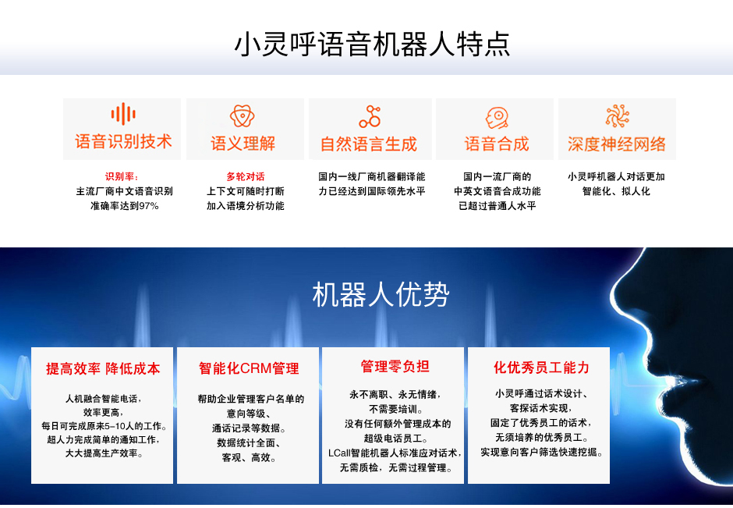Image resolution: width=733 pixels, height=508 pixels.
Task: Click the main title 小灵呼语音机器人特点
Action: pos(372,44)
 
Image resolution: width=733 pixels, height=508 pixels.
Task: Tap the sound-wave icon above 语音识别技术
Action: pos(123,114)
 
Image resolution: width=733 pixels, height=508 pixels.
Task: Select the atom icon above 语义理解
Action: pos(243,115)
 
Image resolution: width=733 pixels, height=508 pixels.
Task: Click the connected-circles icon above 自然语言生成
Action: pos(370,116)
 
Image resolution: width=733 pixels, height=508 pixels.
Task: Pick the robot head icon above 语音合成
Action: pos(497,117)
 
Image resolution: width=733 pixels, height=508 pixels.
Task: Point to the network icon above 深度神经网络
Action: pos(617,115)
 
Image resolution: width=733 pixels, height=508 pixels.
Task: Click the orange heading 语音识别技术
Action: pos(123,142)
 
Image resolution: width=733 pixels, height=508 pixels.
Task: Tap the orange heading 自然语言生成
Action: pos(369,144)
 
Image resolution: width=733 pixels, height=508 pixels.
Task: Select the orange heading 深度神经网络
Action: pos(617,144)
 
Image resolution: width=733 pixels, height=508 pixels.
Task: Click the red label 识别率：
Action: pos(122,176)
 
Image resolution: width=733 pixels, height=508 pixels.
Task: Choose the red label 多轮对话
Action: pos(246,176)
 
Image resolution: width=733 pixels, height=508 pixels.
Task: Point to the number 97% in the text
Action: pos(149,206)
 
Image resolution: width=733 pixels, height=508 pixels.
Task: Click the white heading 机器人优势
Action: pos(381,295)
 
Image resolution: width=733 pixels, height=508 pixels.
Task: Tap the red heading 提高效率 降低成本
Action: pos(103,368)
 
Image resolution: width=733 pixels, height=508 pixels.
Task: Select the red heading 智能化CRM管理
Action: pos(249,368)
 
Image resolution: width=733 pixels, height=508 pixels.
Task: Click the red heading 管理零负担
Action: pos(395,366)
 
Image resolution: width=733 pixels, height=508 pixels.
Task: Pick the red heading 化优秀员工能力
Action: pos(541,368)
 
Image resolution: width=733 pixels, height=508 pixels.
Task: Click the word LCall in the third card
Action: pos(339,453)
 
